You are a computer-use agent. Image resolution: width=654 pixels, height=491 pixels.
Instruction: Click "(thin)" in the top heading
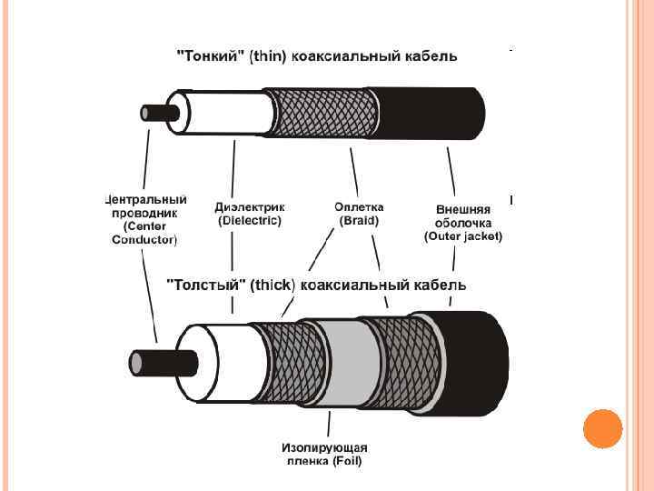pyautogui.click(x=263, y=56)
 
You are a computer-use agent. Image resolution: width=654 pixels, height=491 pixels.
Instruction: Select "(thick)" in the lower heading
pyautogui.click(x=272, y=285)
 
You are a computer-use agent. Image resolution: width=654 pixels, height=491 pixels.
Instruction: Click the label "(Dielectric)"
pyautogui.click(x=250, y=220)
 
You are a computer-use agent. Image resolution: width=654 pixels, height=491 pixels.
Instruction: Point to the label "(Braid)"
pyautogui.click(x=359, y=220)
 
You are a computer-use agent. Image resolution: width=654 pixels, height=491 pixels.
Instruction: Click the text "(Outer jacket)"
pyautogui.click(x=463, y=236)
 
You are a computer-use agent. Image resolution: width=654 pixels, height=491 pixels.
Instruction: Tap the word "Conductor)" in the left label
pyautogui.click(x=144, y=240)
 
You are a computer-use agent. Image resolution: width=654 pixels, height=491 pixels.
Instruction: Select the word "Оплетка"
pyautogui.click(x=360, y=206)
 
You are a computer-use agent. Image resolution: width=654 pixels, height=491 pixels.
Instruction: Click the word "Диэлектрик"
pyautogui.click(x=250, y=206)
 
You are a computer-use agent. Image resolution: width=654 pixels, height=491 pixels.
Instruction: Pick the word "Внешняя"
pyautogui.click(x=463, y=207)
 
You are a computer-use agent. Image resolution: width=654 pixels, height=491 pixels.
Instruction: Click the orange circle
pyautogui.click(x=602, y=429)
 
